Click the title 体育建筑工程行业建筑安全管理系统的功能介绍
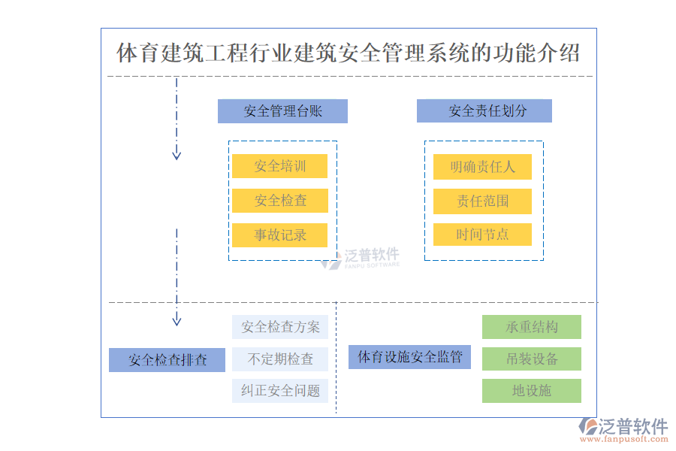pos(348,53)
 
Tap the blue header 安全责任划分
pos(484,111)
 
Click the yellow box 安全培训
pos(279,166)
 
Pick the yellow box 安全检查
pos(279,201)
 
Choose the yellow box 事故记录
pos(279,235)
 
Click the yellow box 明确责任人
pos(482,167)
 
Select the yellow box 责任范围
pos(482,201)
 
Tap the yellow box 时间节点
pos(482,235)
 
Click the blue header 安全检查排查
pos(167,360)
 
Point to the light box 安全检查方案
pos(279,327)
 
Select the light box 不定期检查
pos(279,359)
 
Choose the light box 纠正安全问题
pos(279,391)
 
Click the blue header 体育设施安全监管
pos(409,357)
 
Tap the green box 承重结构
pos(531,327)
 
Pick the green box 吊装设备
pos(531,359)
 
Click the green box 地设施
pos(531,391)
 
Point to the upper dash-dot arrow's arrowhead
pos(177,156)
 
